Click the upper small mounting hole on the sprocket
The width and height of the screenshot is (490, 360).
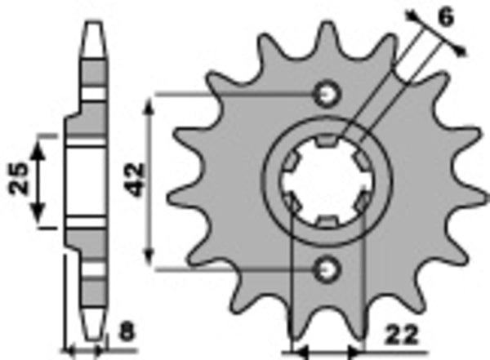(x=328, y=95)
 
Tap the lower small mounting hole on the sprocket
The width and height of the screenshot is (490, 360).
(x=328, y=267)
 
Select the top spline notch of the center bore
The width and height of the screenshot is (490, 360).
(x=327, y=143)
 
